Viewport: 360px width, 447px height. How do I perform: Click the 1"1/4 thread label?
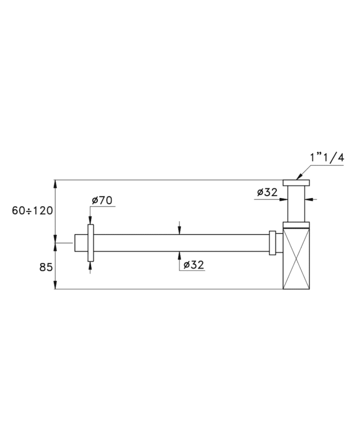pos(327,158)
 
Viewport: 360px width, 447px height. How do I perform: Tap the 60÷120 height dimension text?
pos(32,211)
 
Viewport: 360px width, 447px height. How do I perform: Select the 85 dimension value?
pos(46,267)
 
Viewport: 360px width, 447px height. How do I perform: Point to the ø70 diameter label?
pos(102,201)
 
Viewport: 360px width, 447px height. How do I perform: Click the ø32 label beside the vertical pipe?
pos(267,192)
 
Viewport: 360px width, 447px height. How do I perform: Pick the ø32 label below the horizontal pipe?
pos(194,265)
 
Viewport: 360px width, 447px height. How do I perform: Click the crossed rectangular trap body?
pos(296,259)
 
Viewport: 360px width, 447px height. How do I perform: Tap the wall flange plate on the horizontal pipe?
pos(91,243)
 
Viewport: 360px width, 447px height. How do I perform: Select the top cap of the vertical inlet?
pos(296,183)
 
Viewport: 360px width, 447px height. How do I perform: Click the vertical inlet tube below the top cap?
pos(296,204)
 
